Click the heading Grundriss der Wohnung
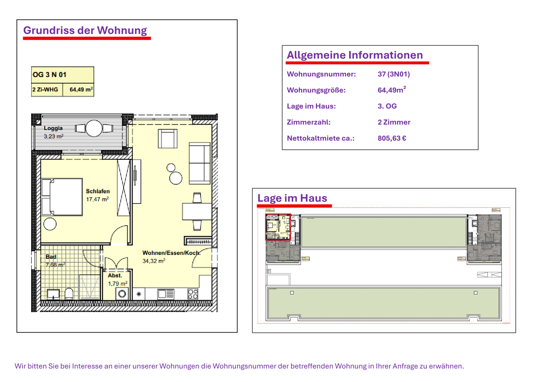point(85,30)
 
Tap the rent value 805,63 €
point(392,138)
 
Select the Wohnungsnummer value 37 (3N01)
point(393,74)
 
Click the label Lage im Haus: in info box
point(311,106)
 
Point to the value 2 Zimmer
point(394,122)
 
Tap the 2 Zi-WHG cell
point(45,90)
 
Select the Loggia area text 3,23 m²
point(53,137)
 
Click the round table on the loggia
point(94,128)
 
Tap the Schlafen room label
point(97,191)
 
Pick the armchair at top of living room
point(168,138)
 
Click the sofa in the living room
point(199,163)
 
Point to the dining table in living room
point(197,211)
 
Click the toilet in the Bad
point(69,293)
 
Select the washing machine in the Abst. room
point(122,294)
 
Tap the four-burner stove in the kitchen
point(193,294)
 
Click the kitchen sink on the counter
point(165,294)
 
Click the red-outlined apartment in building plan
point(278,227)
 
